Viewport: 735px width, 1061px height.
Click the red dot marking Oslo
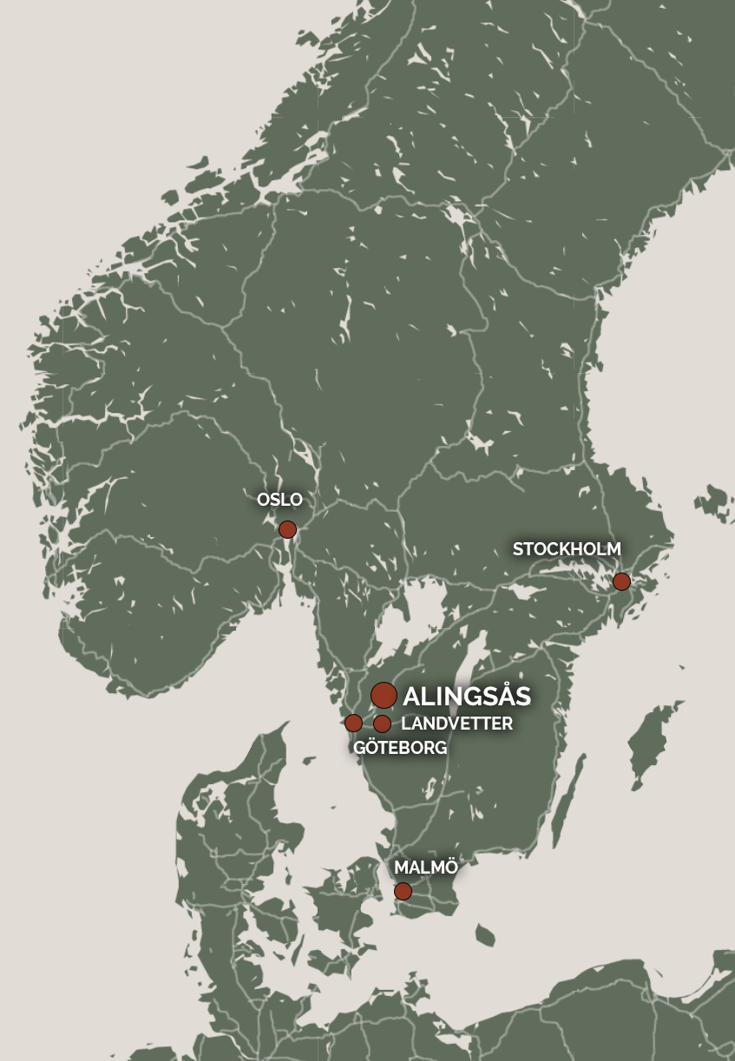tap(287, 529)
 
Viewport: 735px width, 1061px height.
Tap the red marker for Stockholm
tap(621, 581)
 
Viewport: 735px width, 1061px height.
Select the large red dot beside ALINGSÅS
tap(384, 695)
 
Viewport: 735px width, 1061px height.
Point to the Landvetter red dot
tap(382, 724)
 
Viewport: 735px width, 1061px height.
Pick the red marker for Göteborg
tap(353, 723)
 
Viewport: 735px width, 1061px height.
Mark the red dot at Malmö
tap(403, 891)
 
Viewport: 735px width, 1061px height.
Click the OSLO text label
tap(279, 500)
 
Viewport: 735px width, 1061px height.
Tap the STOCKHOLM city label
tap(567, 549)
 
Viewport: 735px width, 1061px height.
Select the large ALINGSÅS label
tap(467, 696)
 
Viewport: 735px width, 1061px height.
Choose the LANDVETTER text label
tap(456, 724)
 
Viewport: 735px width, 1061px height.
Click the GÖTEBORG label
tap(400, 748)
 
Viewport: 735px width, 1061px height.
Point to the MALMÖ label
tap(425, 868)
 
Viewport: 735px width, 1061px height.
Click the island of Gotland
tap(648, 743)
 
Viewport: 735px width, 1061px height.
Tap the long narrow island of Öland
tap(565, 811)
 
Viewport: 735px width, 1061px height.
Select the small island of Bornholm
tap(484, 935)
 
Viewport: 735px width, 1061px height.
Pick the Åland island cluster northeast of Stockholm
tap(713, 502)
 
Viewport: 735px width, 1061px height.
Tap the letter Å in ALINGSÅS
tap(506, 695)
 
